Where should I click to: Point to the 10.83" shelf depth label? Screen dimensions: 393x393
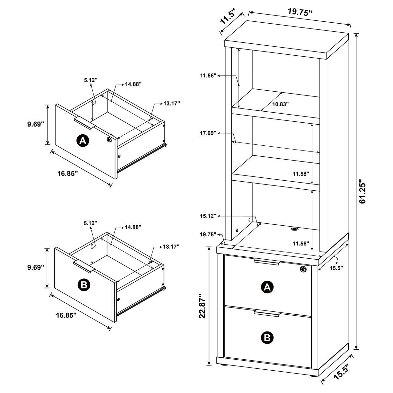tap(280, 104)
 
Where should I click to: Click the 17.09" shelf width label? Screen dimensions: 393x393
tap(208, 133)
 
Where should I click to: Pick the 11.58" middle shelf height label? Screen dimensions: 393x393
tap(301, 174)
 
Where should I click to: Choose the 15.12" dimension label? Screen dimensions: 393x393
tap(208, 216)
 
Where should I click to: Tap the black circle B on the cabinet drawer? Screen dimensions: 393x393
tap(267, 338)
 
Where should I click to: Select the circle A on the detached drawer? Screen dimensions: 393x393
tap(83, 140)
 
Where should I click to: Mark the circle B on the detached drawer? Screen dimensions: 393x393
tap(84, 285)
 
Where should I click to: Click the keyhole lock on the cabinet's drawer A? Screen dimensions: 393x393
tap(303, 269)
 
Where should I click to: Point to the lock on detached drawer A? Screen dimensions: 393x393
tap(109, 139)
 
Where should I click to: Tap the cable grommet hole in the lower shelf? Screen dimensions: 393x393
tap(295, 229)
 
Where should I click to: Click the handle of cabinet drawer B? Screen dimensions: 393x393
tap(267, 313)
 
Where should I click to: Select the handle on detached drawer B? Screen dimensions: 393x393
tap(84, 266)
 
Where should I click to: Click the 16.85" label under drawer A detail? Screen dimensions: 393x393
tap(68, 174)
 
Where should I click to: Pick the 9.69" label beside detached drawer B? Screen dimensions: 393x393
tap(35, 267)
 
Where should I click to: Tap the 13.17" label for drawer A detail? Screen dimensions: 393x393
tap(172, 103)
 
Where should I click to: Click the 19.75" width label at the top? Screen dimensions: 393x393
tap(300, 12)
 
